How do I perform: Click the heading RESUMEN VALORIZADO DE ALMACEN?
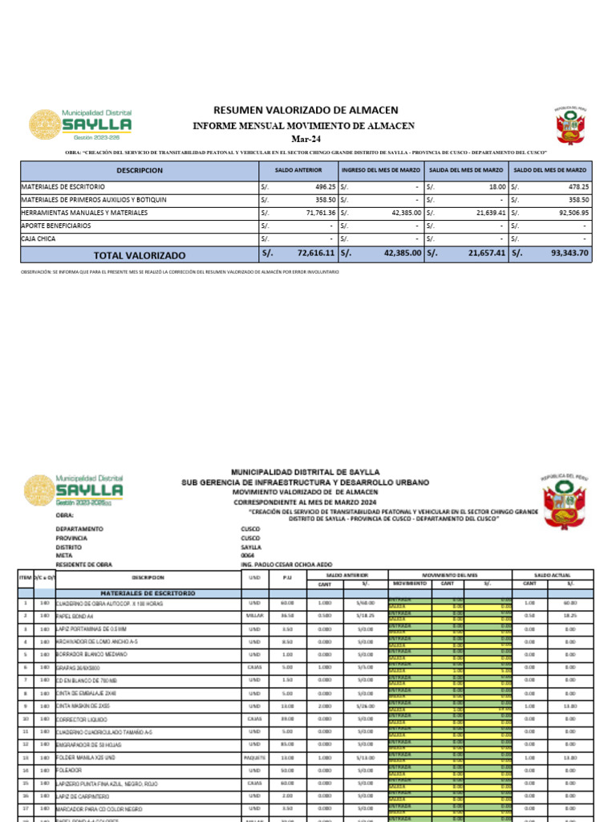[x=305, y=110]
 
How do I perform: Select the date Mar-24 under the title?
[x=304, y=139]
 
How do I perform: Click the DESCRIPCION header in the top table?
[x=140, y=171]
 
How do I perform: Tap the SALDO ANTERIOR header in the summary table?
[x=298, y=171]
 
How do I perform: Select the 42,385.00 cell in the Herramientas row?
[x=400, y=213]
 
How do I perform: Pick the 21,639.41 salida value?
[x=485, y=213]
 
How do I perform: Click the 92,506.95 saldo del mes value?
[x=569, y=213]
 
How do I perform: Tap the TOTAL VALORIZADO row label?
[x=140, y=255]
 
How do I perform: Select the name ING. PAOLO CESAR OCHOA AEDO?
[x=286, y=564]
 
